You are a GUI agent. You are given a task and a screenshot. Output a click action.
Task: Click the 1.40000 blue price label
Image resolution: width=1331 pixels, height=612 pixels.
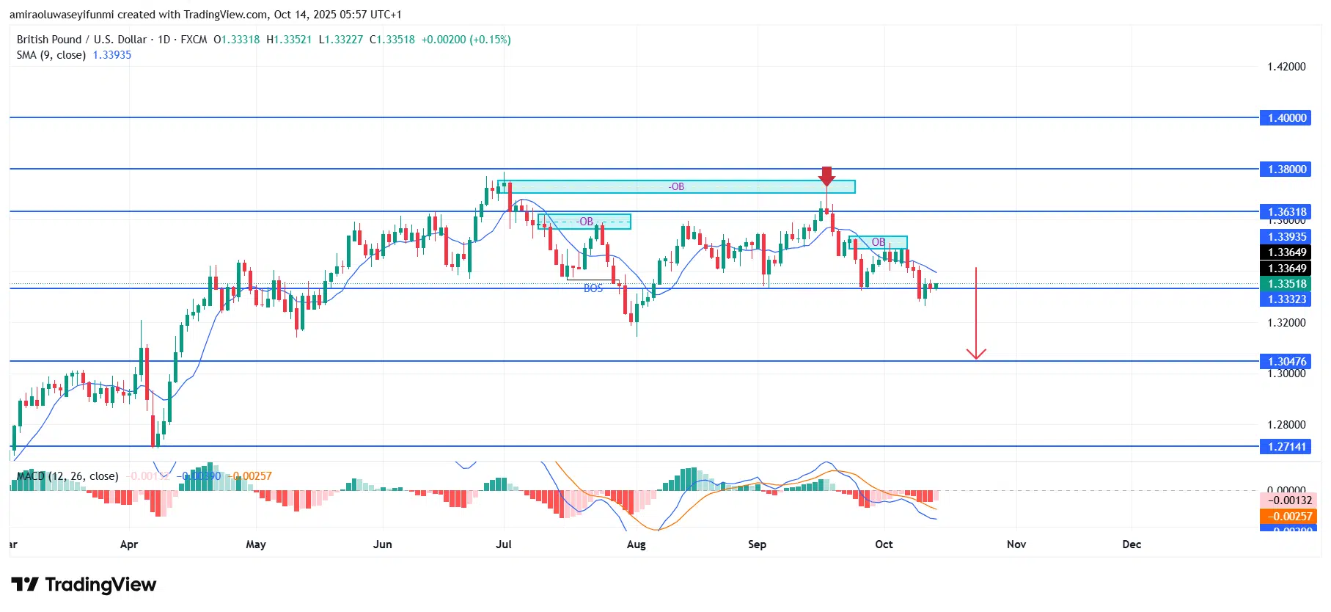pos(1286,118)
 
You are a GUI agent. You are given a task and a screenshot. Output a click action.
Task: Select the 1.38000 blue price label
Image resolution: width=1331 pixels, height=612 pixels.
pos(1286,170)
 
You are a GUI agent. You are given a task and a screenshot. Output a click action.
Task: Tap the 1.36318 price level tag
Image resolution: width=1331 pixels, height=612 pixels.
pos(1286,212)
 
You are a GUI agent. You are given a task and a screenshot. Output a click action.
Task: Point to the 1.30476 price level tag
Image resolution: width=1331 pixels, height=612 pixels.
pos(1286,361)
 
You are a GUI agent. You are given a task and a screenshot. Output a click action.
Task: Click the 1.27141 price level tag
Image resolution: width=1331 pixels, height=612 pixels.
pos(1286,446)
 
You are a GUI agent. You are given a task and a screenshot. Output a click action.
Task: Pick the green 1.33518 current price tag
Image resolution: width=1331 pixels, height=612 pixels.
pos(1286,284)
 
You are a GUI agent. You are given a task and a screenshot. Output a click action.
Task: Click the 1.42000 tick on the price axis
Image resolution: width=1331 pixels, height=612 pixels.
pos(1286,67)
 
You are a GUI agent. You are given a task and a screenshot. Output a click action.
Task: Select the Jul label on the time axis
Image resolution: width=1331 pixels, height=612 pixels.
pos(504,544)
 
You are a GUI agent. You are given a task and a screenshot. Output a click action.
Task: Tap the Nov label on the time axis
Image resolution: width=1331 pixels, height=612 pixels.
pos(1016,544)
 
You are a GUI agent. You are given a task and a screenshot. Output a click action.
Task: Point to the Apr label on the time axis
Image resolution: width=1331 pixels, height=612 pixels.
pos(129,544)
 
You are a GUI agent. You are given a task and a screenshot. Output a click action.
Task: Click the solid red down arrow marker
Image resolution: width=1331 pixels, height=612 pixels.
pos(826,176)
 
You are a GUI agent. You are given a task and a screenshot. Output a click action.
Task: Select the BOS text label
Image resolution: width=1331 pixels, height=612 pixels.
pos(593,288)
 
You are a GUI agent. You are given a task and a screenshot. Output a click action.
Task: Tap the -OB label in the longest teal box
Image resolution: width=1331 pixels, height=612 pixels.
pos(676,187)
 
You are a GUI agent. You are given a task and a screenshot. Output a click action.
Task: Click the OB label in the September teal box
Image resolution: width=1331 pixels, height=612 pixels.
pos(878,242)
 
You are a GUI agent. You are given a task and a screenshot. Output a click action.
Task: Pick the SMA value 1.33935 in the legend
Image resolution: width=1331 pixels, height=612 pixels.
pos(111,55)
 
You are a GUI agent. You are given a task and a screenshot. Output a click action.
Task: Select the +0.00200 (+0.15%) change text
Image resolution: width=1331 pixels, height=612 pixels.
pos(466,40)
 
